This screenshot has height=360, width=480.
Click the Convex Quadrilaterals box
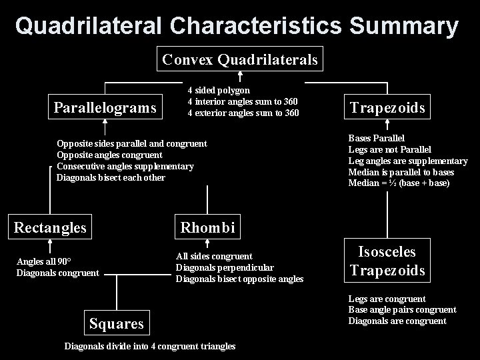click(240, 60)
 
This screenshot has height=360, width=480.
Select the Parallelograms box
click(105, 107)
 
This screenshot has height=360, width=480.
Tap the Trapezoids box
click(387, 108)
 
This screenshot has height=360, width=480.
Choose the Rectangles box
click(51, 227)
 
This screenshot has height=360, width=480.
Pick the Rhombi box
click(207, 227)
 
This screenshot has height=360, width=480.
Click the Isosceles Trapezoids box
click(387, 261)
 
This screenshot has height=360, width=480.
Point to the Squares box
click(117, 323)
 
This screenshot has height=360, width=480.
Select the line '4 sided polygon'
click(219, 90)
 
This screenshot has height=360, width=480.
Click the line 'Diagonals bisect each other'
click(111, 177)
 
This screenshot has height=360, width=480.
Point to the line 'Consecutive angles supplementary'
click(125, 166)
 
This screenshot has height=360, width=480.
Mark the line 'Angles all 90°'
click(44, 261)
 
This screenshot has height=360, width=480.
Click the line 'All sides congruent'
click(214, 256)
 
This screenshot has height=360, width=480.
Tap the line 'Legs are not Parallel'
click(390, 149)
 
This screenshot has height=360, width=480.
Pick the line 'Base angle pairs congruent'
click(402, 310)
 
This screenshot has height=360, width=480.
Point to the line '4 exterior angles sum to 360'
click(243, 113)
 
